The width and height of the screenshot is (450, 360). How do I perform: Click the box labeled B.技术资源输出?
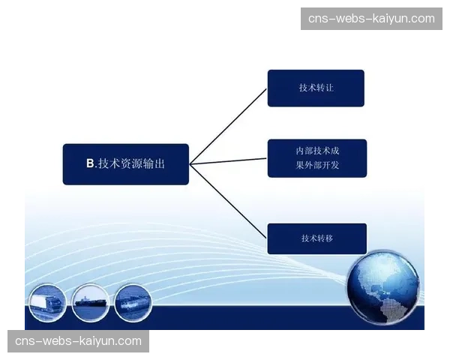point(126,164)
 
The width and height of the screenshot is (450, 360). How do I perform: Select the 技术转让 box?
point(316,88)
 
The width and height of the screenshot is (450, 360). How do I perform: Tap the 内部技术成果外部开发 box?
point(317,158)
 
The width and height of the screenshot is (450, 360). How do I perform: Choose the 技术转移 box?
point(317,238)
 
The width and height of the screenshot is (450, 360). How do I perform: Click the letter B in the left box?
point(90,163)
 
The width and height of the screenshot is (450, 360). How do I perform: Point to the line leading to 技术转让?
point(229,127)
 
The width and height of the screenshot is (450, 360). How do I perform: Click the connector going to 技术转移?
point(229,201)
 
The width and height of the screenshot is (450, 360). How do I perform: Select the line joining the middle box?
point(229,161)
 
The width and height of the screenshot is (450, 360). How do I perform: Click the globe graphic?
point(384,287)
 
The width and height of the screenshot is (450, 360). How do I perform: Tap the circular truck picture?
point(48,302)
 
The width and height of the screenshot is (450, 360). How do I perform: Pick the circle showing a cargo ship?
point(91,302)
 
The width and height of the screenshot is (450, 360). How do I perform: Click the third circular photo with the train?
point(133,302)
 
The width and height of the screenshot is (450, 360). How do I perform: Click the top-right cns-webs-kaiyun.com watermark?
point(371,19)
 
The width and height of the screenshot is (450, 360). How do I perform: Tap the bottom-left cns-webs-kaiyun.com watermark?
point(78,341)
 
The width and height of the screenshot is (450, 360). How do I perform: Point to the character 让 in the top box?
point(329,88)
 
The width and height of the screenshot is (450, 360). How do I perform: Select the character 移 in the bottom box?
point(329,238)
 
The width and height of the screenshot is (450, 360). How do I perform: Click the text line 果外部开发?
point(317,165)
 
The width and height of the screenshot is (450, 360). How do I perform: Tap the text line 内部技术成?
point(317,151)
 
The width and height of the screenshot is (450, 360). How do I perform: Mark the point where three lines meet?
point(190,164)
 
